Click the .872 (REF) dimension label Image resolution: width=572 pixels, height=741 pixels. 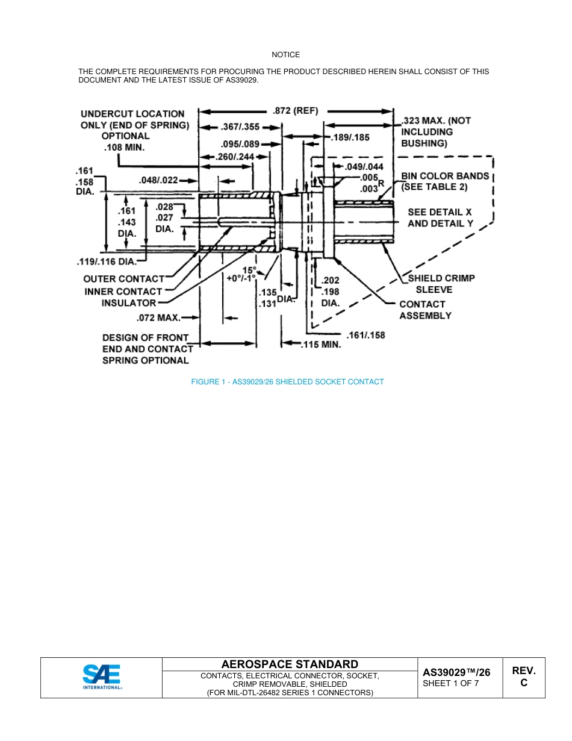(x=295, y=111)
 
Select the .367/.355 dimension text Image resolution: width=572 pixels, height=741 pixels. (x=240, y=127)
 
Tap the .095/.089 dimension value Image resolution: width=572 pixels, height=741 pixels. (x=240, y=144)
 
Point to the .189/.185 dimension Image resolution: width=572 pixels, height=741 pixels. (x=350, y=138)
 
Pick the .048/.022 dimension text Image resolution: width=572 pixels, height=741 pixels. (x=158, y=180)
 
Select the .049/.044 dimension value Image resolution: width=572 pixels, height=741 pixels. (x=364, y=167)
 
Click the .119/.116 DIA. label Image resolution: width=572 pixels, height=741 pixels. (x=107, y=262)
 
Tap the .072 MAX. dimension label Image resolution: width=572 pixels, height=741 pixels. (x=154, y=317)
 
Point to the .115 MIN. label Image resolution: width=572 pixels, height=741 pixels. (x=321, y=345)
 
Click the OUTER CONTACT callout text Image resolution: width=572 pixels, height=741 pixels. (x=123, y=279)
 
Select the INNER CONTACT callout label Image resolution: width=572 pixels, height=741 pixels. (x=123, y=292)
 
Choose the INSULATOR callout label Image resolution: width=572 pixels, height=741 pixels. (x=129, y=303)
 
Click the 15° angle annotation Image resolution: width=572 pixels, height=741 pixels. (x=249, y=270)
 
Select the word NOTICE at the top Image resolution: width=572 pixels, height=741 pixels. (x=285, y=55)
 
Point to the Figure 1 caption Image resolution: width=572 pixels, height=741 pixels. (x=287, y=382)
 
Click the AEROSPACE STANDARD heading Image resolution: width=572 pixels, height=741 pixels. (x=290, y=664)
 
